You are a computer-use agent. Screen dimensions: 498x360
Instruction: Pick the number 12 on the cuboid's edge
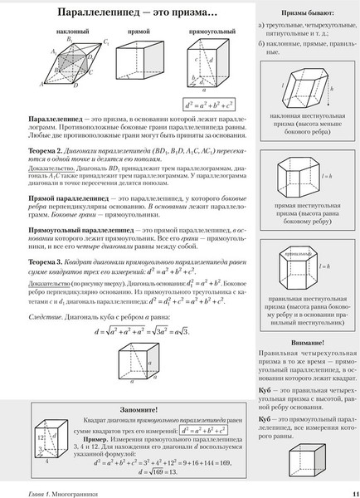[39, 437]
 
